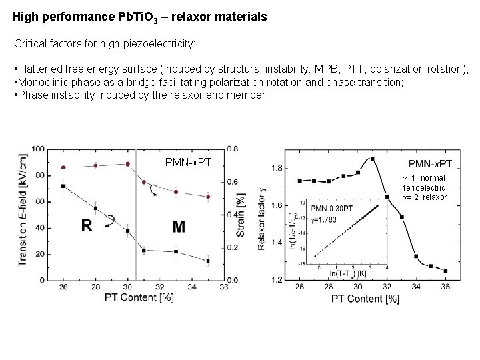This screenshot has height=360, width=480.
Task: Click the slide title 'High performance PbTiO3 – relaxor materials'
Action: [x=140, y=17]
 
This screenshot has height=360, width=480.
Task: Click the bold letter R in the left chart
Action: [x=87, y=225]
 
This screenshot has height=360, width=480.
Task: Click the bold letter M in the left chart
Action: [x=179, y=227]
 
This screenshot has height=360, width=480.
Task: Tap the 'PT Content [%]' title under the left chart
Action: [x=139, y=297]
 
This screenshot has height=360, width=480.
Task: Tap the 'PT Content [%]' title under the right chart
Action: [x=365, y=299]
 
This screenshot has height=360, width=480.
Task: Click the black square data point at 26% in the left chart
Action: [x=63, y=187]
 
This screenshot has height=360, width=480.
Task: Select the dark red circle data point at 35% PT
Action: [x=208, y=197]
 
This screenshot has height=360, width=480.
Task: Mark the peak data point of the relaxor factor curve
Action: [x=372, y=159]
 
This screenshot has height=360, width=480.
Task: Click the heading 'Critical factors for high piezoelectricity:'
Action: [x=105, y=44]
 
